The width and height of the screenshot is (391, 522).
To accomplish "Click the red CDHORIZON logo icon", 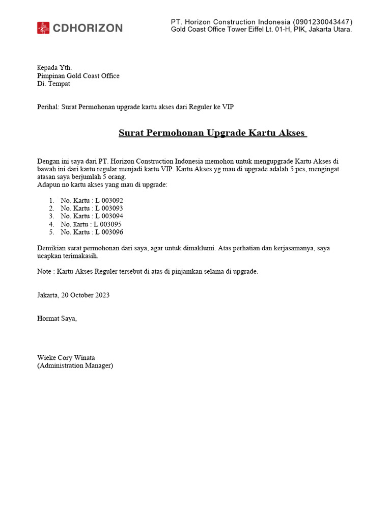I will pos(43,28).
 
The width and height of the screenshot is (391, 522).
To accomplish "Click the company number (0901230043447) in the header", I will pos(322,22).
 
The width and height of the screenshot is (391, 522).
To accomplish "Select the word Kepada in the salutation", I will pos(48,68).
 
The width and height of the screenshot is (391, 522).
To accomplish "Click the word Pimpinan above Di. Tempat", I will pos(50,76).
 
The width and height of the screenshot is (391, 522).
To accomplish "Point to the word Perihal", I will pos(48,107).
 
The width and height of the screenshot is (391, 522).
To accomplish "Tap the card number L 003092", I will pos(109,200).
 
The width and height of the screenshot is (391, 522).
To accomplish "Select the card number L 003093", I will pos(109,208).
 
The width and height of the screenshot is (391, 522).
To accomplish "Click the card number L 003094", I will pos(109,216).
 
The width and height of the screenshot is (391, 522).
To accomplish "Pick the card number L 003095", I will pos(108,224).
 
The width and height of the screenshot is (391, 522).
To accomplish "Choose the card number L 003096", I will pos(109,232).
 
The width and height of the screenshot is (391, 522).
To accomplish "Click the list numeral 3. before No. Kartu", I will pos(51,216).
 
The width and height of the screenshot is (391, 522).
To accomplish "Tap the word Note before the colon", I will pos(44,272).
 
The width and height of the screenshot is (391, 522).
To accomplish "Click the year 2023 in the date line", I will pos(101,295).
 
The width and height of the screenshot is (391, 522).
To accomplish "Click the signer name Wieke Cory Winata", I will pos(66,357).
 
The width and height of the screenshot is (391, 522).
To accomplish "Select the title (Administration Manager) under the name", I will pos(75,366).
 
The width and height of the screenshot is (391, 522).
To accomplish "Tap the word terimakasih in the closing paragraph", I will pos(81,256).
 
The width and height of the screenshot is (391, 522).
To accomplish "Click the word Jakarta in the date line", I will pos(47,295).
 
